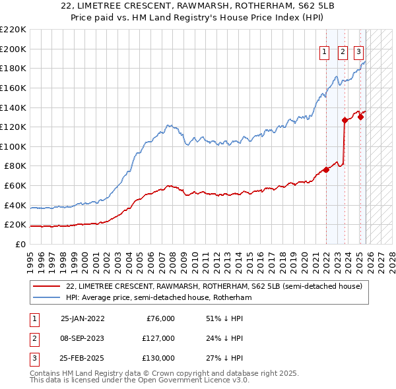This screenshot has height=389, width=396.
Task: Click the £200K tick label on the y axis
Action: coord(13,49)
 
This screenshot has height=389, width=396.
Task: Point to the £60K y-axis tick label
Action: coord(15,186)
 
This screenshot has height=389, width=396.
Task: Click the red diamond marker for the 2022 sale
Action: coord(326,169)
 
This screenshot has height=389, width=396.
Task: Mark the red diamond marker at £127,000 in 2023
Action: coord(345,120)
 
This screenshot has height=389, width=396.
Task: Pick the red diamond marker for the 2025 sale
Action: coord(360,117)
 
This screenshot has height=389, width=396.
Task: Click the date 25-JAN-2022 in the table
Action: coord(82,318)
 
